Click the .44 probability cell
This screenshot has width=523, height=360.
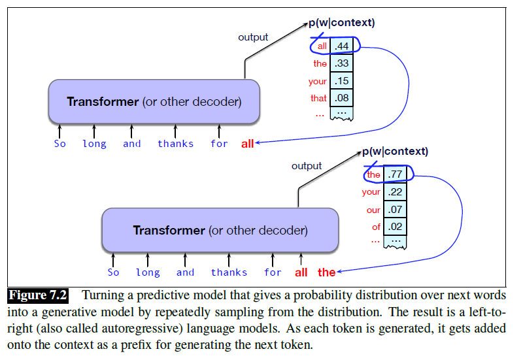coord(342,46)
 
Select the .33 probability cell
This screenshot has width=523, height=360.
coord(342,64)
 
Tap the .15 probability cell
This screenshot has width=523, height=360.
coord(342,82)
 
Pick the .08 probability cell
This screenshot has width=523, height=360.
coord(342,99)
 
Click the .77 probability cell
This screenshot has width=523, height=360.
coord(395,174)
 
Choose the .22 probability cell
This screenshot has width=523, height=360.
coord(395,192)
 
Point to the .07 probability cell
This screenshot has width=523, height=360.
coord(395,210)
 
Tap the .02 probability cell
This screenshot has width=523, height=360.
coord(395,227)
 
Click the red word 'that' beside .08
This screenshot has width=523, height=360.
coord(318,99)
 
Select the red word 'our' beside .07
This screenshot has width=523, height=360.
coord(373,210)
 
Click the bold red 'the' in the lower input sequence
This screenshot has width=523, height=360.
coord(326,272)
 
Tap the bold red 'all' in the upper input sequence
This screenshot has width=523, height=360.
coord(247,144)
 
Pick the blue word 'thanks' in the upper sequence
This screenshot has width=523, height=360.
coord(175,144)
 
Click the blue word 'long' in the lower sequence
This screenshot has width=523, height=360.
coord(148,272)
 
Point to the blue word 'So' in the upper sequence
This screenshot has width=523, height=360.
coord(60,144)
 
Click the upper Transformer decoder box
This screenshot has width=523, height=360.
coord(154,102)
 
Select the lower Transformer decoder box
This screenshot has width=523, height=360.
coord(220,230)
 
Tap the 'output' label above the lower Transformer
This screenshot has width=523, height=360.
coord(307,166)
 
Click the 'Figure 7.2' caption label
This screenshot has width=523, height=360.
coord(38,296)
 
